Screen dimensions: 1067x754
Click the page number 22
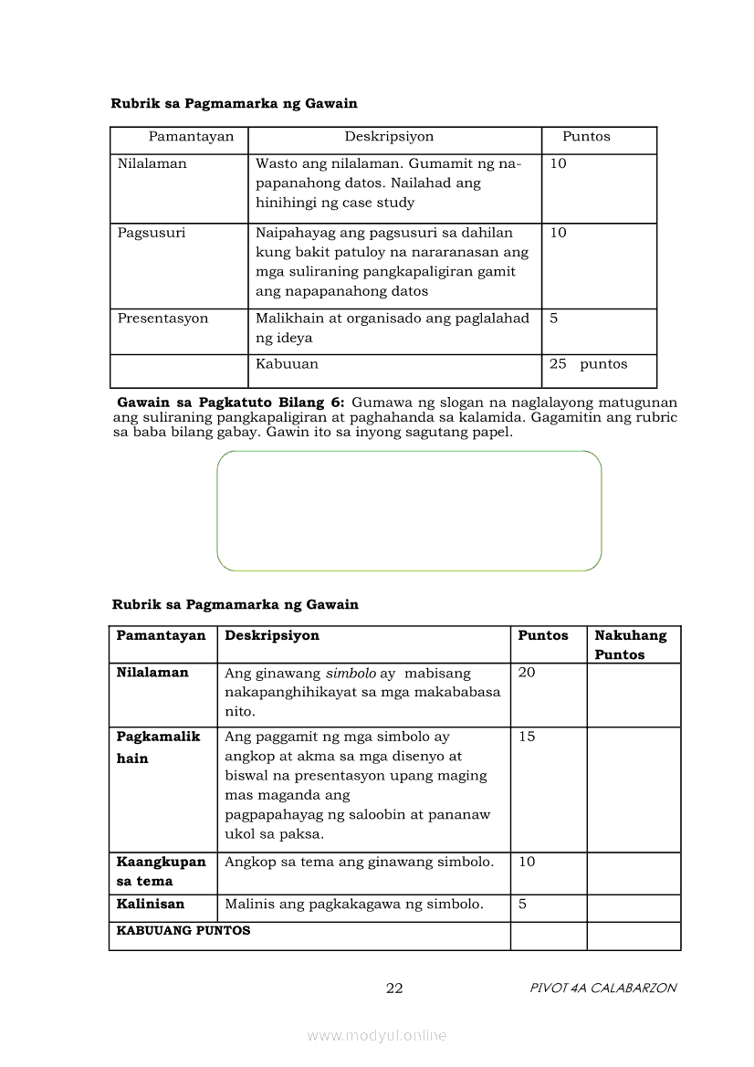tap(394, 988)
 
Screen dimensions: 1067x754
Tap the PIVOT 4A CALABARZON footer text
tap(602, 988)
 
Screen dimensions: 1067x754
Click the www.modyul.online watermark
tap(377, 1035)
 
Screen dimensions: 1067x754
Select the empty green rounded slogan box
tap(409, 511)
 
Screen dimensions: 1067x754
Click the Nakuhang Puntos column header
tap(631, 644)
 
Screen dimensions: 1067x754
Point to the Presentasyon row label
tap(162, 319)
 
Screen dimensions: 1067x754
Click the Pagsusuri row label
tap(151, 233)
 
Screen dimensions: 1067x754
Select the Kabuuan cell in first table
tap(287, 364)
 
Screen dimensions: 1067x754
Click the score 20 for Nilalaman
tap(527, 673)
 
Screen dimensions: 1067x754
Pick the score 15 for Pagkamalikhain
tap(527, 737)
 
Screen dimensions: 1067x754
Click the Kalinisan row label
tap(150, 905)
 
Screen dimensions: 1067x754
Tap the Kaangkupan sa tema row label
tap(161, 872)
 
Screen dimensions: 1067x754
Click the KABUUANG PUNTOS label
tap(183, 931)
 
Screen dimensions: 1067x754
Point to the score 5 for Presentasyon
tap(553, 319)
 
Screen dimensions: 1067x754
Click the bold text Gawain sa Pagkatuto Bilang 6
tap(231, 402)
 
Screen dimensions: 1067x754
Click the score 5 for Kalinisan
tap(522, 905)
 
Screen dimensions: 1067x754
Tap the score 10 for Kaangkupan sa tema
tap(527, 862)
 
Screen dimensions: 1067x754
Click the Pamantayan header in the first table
tap(192, 137)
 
